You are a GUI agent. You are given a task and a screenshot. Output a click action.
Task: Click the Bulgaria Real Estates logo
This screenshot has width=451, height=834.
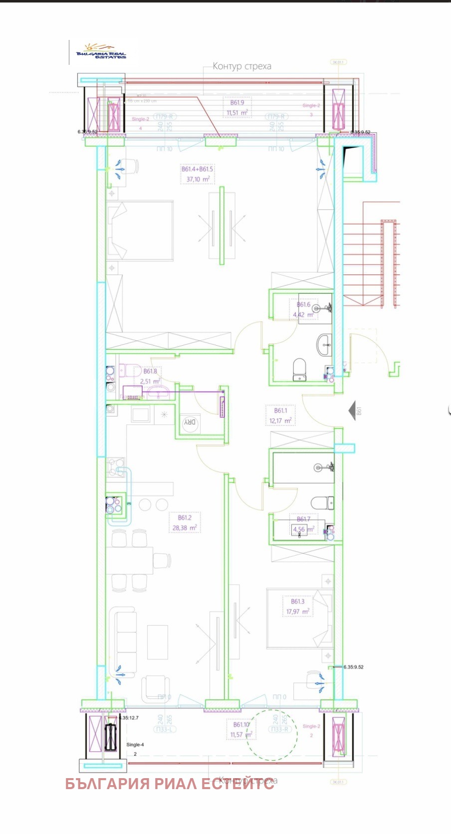(x=101, y=51)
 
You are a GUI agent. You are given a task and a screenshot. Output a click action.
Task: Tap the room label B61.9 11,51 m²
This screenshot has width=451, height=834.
(x=237, y=108)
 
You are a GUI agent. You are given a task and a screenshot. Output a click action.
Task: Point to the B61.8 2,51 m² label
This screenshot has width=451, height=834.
(x=150, y=376)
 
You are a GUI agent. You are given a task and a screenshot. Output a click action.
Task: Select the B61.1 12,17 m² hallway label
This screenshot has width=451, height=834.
(x=280, y=416)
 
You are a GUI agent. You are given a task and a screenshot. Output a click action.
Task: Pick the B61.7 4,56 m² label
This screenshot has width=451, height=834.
(x=303, y=525)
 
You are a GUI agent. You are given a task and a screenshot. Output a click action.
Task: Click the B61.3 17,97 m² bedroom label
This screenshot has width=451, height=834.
(x=297, y=607)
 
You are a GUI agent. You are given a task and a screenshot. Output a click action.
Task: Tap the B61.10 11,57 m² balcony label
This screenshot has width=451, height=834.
(x=241, y=730)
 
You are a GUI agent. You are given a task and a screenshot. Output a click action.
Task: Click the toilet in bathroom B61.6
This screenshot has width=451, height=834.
(x=299, y=370)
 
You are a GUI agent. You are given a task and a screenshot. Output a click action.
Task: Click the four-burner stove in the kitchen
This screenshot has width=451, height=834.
(x=114, y=505)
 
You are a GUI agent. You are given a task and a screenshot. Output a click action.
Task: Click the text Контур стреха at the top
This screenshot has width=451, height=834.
(x=242, y=66)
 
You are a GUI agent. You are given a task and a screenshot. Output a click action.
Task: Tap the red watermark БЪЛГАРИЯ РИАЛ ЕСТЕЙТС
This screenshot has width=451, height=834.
(x=170, y=784)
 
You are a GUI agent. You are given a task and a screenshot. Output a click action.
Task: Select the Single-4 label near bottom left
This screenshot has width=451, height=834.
(x=135, y=745)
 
